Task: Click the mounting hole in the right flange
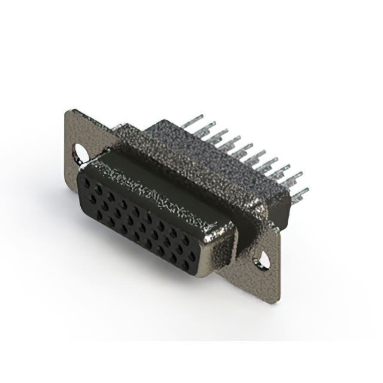coord(262,259)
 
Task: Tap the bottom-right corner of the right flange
coord(276,302)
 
